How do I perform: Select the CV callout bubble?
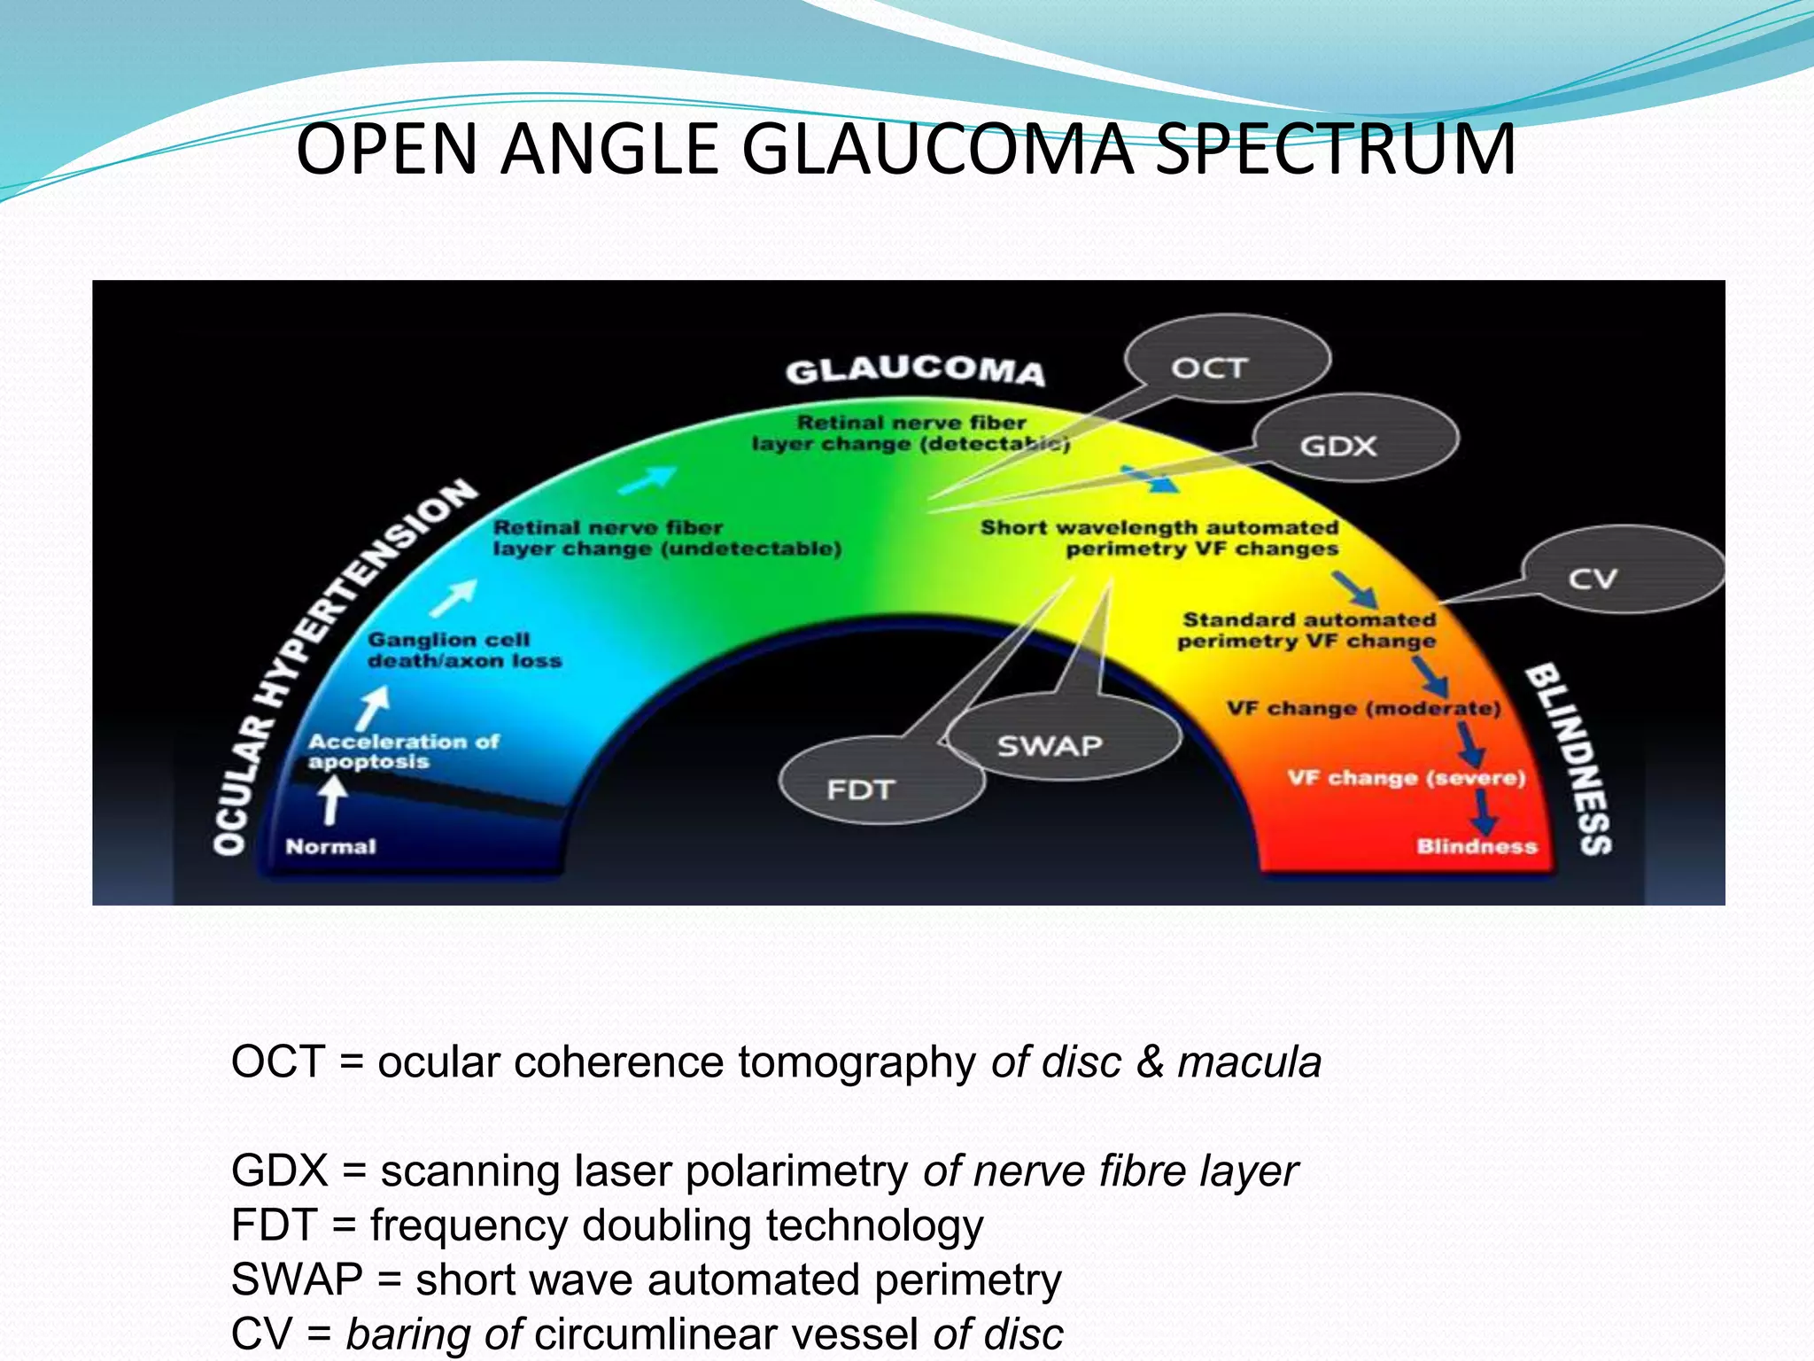click(x=1621, y=572)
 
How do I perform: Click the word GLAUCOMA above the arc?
click(x=915, y=369)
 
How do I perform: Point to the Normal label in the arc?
click(x=330, y=846)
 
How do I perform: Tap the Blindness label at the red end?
click(x=1477, y=846)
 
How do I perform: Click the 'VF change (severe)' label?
click(x=1406, y=778)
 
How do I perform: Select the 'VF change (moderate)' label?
click(x=1363, y=708)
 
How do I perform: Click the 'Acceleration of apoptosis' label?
click(x=403, y=751)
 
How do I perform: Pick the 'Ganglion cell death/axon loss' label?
click(x=464, y=650)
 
